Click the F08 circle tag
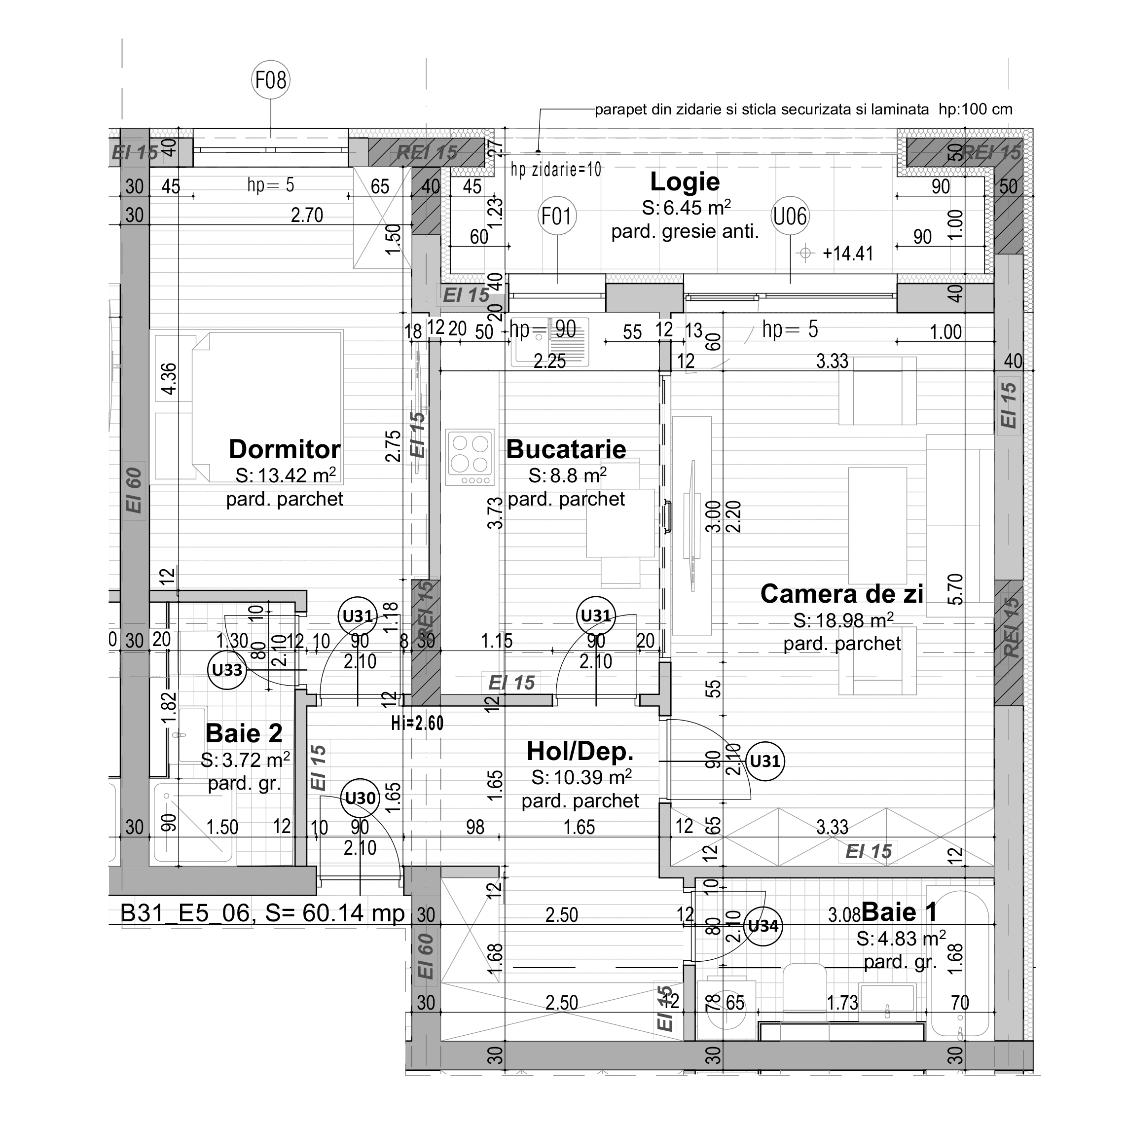pos(271,80)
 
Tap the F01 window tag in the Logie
pos(557,216)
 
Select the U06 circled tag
pos(790,216)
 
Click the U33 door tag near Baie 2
pos(227,670)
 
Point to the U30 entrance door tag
pos(361,797)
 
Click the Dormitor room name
pos(284,449)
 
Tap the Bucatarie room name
pos(566,449)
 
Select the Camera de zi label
pos(841,594)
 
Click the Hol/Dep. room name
pos(580,751)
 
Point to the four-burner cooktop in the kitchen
pos(470,457)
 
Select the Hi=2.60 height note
pos(418,723)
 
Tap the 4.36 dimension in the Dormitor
pos(168,378)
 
